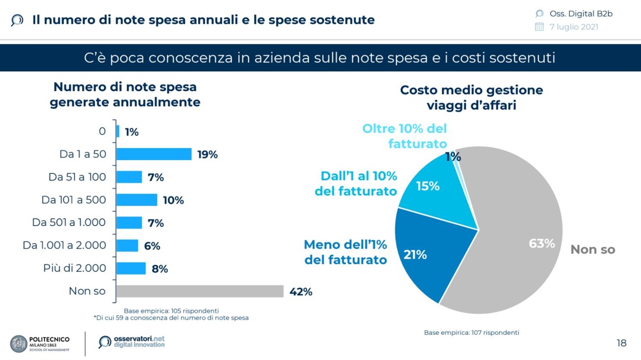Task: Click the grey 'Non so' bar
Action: (200, 291)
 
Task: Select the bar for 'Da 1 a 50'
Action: (154, 154)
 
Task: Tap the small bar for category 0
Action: (118, 131)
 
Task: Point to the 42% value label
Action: (300, 292)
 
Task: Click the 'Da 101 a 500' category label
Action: (74, 200)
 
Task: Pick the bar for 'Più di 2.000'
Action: (131, 268)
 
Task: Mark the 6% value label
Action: (152, 246)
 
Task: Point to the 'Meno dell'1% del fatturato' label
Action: (346, 252)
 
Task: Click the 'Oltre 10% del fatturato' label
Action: (404, 136)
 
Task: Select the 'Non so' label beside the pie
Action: (593, 249)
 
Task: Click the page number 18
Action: (621, 343)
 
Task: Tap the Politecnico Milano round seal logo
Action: (19, 343)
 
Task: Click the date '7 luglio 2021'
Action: (574, 27)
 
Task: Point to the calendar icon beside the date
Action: (540, 27)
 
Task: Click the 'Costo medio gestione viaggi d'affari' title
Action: (471, 97)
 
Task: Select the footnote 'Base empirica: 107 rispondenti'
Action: (472, 332)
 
